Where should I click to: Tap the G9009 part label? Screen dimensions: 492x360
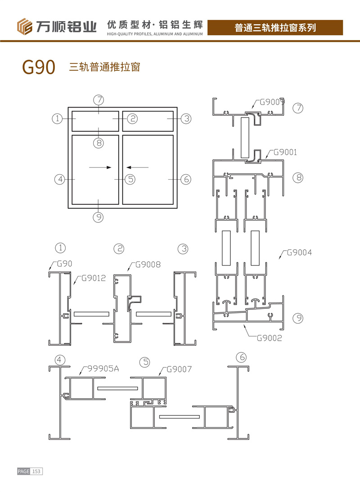[273, 102]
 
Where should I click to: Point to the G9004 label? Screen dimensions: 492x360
[297, 253]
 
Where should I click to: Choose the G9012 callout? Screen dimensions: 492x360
[94, 278]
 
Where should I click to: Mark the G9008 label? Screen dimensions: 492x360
[148, 264]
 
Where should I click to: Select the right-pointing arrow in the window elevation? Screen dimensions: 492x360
[100, 167]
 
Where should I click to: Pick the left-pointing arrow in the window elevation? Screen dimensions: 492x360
[137, 167]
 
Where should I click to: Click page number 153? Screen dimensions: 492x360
[36, 471]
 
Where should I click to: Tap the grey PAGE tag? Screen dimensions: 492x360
[23, 471]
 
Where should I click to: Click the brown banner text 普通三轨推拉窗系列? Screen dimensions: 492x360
[275, 28]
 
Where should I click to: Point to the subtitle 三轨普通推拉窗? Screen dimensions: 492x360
[104, 68]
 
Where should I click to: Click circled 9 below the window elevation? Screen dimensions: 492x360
[98, 217]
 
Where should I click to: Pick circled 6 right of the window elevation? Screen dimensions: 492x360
[186, 179]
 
